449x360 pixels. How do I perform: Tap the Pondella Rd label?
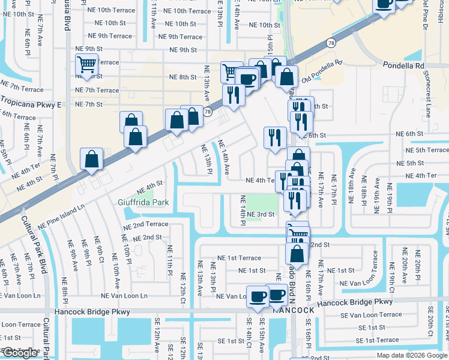pyautogui.click(x=403, y=65)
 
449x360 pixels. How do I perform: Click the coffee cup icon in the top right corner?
pyautogui.click(x=384, y=4)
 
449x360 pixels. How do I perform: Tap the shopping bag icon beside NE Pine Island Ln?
pyautogui.click(x=92, y=160)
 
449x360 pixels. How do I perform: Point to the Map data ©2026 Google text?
pyautogui.click(x=411, y=355)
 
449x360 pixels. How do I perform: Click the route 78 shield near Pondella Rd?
pyautogui.click(x=331, y=43)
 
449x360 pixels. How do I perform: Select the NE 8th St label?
pyautogui.click(x=183, y=77)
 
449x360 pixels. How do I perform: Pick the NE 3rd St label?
pyautogui.click(x=259, y=214)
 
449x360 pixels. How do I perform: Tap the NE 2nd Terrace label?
pyautogui.click(x=146, y=224)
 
